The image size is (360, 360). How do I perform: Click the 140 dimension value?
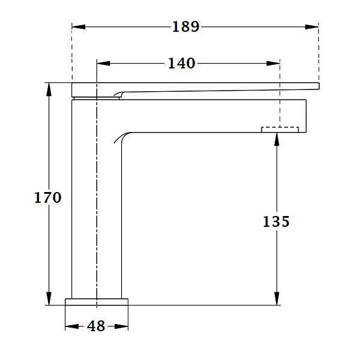[181, 62]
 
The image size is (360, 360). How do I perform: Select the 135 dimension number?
[276, 221]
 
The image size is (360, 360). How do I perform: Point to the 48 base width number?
[96, 326]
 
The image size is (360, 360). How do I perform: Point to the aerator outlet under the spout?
[280, 128]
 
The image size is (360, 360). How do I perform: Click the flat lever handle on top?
[198, 88]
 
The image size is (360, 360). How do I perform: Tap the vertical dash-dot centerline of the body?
[97, 198]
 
